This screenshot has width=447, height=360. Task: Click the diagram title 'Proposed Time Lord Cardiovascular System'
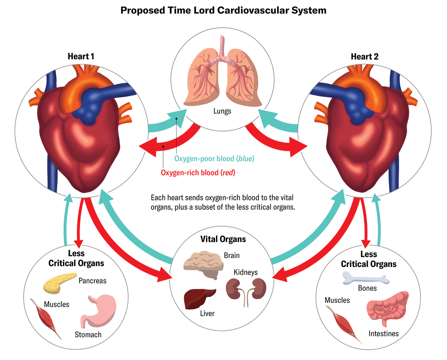(x=223, y=10)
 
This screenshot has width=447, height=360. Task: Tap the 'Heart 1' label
(x=80, y=56)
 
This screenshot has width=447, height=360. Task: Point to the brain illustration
(x=202, y=264)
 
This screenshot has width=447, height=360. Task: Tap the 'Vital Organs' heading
(x=222, y=239)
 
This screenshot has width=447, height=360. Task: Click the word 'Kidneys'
(x=245, y=272)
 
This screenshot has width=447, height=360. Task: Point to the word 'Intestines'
(x=384, y=334)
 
